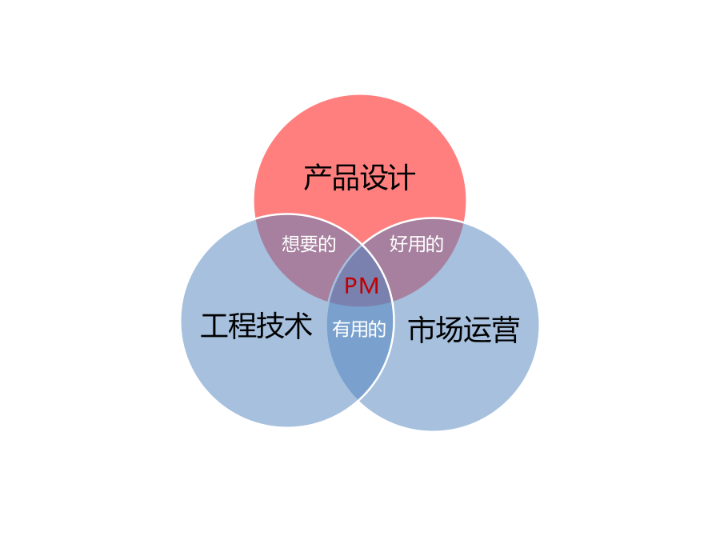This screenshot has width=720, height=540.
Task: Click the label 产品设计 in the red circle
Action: tap(359, 178)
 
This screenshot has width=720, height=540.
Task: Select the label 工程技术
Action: tap(257, 326)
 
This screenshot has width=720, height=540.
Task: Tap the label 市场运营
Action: tap(464, 330)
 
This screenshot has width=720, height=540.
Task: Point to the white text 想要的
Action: tap(309, 244)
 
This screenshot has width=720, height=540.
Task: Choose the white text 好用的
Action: tap(417, 243)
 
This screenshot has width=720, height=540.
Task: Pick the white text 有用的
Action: tap(359, 329)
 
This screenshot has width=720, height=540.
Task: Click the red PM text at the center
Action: tap(362, 286)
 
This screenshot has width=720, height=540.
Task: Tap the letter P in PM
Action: tap(350, 286)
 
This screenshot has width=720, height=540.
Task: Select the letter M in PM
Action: tap(369, 286)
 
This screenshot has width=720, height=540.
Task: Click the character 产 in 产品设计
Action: tap(318, 178)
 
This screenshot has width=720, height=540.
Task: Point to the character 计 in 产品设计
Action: tap(402, 178)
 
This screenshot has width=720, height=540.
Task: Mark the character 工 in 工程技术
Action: tap(214, 326)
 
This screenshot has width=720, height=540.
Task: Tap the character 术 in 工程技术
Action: tap(299, 326)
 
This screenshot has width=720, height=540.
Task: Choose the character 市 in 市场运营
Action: tap(422, 330)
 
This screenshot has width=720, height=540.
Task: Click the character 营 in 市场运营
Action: tap(506, 330)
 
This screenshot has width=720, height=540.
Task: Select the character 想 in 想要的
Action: tap(290, 244)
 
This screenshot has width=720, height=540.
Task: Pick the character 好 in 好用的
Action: tap(398, 243)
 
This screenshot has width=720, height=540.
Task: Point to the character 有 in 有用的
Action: tap(341, 329)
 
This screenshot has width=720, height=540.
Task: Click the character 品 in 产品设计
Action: tap(346, 178)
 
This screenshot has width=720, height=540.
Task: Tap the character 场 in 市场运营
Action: tap(450, 330)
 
